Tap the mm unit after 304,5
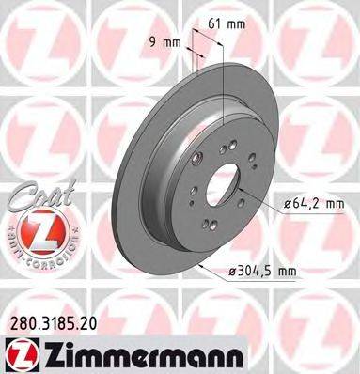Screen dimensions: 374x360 [x=286, y=273]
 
